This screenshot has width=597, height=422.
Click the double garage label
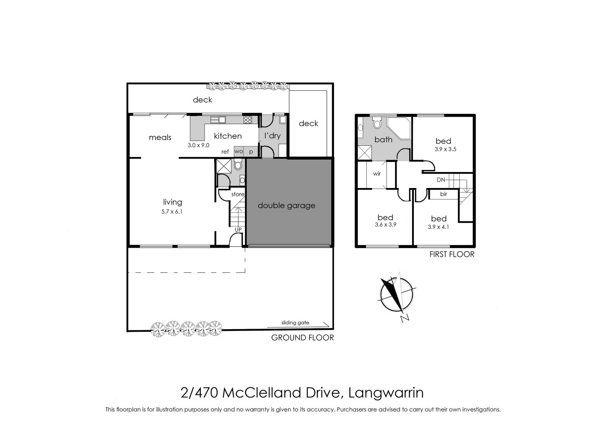287,206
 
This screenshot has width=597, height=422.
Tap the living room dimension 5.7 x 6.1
172,212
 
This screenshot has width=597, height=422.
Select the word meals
160,138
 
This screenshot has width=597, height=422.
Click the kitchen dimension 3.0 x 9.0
198,145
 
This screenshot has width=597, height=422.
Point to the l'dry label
272,136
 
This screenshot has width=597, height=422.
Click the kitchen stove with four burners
248,120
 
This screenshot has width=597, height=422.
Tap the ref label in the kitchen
225,152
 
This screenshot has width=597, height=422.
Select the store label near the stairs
238,194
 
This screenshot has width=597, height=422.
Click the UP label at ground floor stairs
238,230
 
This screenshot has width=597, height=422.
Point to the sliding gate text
295,323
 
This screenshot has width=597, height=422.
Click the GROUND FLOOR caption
303,338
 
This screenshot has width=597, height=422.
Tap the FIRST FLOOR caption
452,254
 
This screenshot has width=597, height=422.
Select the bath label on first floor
383,140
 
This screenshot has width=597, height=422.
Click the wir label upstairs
377,174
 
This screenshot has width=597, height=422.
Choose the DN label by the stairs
441,180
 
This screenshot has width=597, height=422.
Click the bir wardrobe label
444,194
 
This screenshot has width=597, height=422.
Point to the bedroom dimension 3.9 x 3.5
446,149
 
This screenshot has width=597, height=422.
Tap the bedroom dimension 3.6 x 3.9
385,225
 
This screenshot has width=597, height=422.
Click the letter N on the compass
405,318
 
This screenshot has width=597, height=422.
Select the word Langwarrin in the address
386,393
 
